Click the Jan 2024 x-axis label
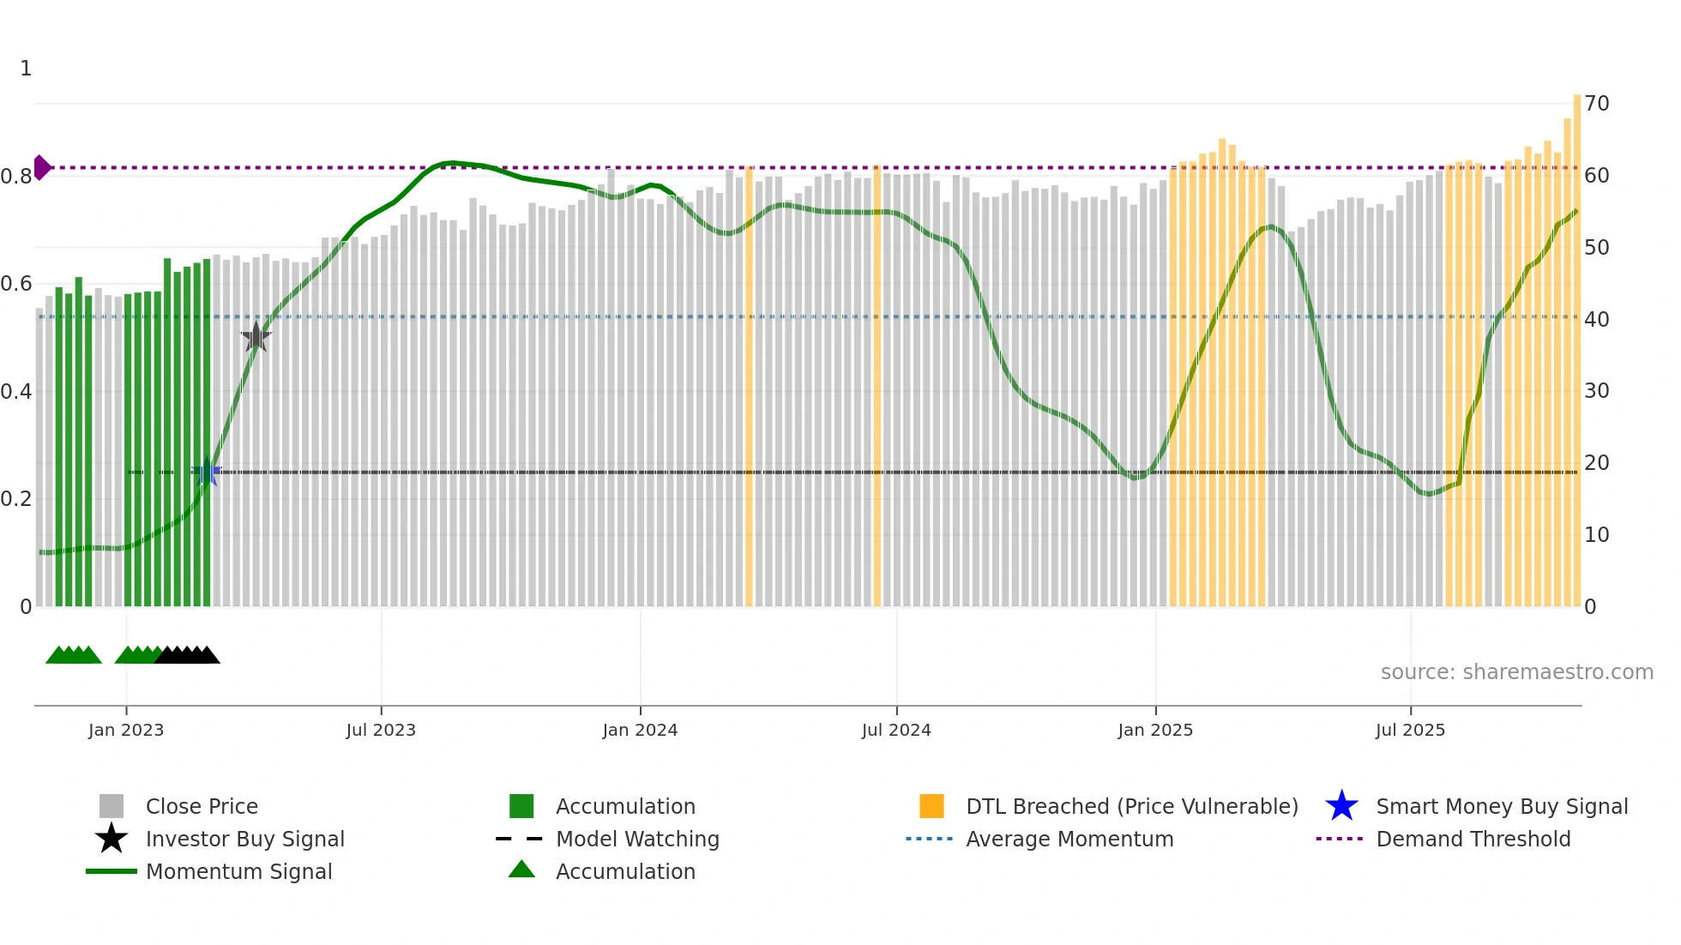point(640,730)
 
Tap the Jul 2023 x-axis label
point(381,730)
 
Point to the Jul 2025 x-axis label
point(1410,730)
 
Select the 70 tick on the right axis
point(1596,104)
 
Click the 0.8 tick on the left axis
point(16,177)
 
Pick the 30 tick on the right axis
point(1596,391)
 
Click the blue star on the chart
point(207,472)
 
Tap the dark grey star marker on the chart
point(256,337)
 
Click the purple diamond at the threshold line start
point(41,167)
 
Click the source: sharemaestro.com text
point(1516,672)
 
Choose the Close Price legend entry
point(201,806)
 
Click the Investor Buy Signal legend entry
point(244,839)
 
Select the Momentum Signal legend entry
point(238,871)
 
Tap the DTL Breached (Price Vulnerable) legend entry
point(1131,806)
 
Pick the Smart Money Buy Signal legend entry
point(1501,806)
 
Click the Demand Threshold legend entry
point(1473,839)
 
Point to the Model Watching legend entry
point(636,839)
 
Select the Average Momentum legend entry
point(1069,839)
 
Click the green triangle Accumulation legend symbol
point(521,870)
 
